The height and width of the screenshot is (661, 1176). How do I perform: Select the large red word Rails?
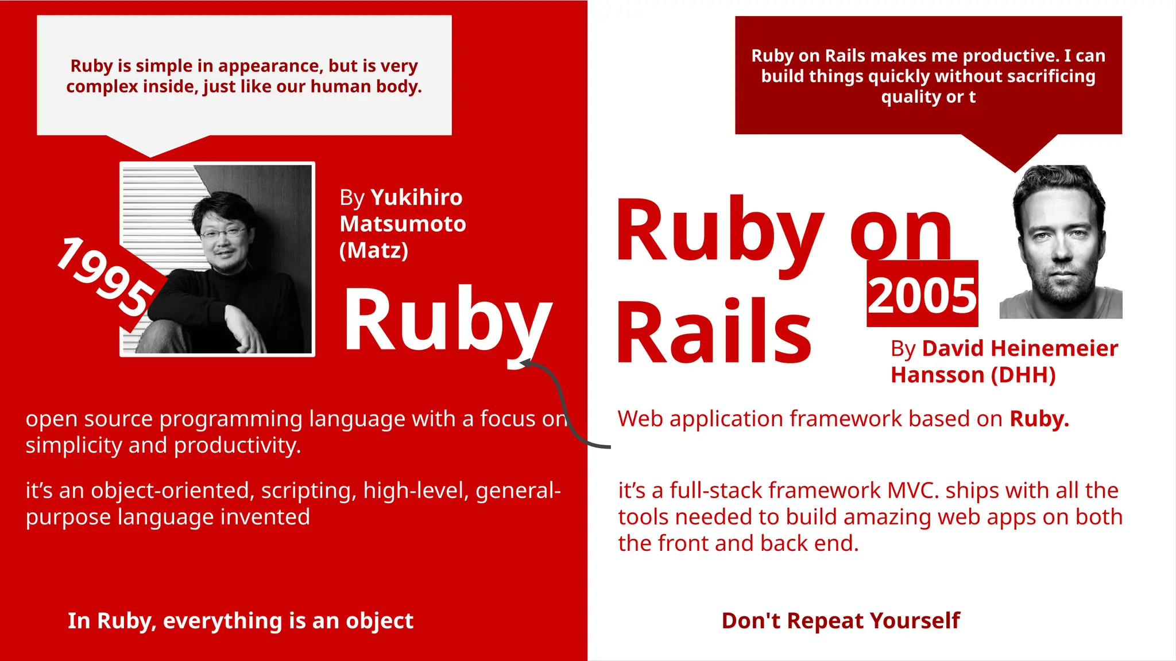tap(714, 333)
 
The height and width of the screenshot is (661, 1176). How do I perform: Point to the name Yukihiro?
tap(416, 197)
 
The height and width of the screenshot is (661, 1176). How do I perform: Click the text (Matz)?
tap(374, 250)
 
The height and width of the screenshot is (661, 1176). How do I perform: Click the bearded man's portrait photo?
tap(1061, 242)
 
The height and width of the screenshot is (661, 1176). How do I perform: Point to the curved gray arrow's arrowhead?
tap(524, 363)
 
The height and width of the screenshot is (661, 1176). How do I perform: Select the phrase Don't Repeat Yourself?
tap(840, 620)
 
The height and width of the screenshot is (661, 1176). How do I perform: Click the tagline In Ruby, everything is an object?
tap(240, 620)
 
